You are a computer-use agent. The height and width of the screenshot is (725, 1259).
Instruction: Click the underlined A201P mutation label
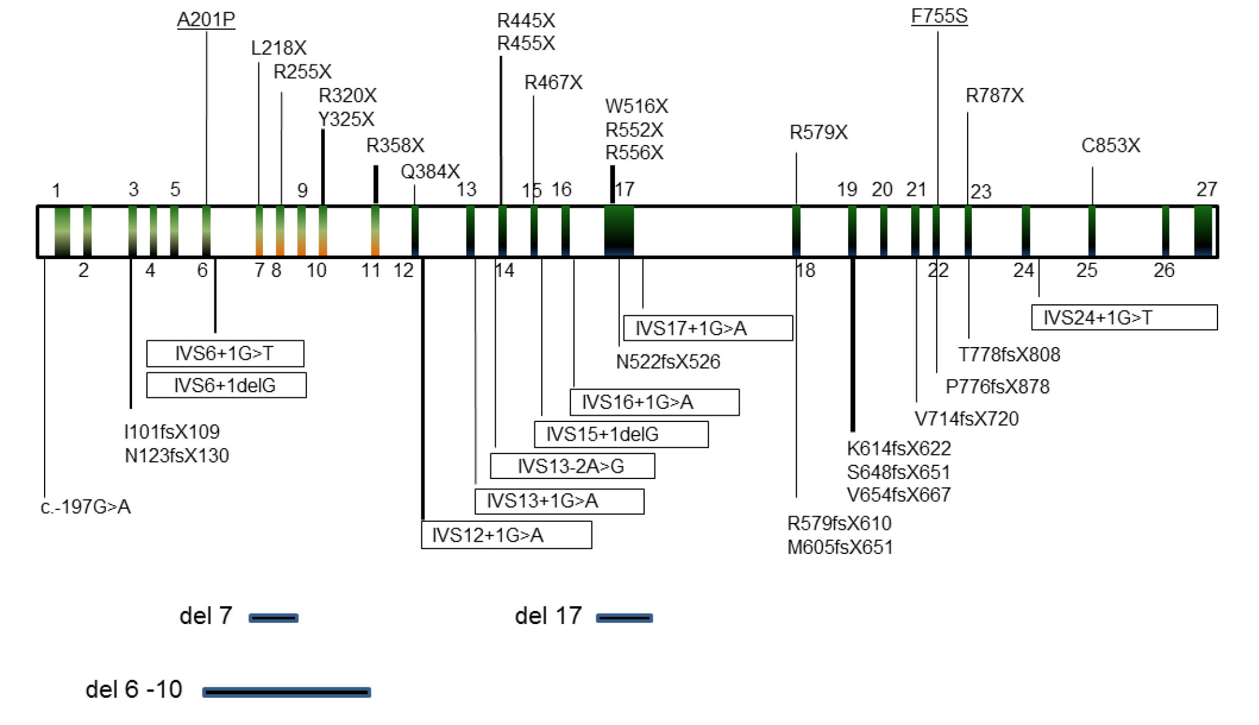click(206, 20)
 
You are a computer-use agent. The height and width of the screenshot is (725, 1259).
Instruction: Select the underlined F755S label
click(939, 17)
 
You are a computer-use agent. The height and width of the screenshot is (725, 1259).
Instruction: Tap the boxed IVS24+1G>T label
click(1123, 318)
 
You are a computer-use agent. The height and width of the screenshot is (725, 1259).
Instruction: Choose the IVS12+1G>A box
click(506, 535)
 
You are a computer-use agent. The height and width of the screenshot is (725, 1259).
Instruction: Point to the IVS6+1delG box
click(226, 385)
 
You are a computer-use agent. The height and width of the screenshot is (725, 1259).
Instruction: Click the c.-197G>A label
click(86, 507)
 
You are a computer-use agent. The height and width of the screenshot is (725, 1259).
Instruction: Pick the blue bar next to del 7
click(273, 618)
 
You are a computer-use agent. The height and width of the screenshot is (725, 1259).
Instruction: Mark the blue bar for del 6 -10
click(286, 692)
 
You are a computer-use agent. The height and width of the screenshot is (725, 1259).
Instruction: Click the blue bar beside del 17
click(624, 618)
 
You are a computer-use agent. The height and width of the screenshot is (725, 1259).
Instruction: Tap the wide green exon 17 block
click(619, 231)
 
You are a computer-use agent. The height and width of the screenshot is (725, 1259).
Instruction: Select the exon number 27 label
click(1206, 189)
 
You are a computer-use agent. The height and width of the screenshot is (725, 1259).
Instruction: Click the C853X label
click(1110, 146)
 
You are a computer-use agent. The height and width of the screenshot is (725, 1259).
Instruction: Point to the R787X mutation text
click(994, 95)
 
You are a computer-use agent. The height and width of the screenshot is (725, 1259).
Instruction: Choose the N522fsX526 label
click(668, 362)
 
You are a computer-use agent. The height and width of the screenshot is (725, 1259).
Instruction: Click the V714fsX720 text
click(966, 419)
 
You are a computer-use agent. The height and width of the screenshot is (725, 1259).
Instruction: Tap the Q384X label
click(430, 171)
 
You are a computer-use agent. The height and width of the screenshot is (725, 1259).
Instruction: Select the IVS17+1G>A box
click(707, 328)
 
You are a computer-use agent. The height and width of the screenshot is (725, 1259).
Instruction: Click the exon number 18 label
click(805, 270)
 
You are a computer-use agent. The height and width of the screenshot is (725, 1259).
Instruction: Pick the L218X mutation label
click(278, 48)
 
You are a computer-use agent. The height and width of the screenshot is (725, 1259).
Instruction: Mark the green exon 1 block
click(62, 231)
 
